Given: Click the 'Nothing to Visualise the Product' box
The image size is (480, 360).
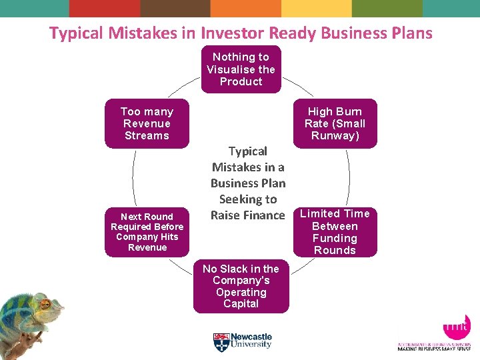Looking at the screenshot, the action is (x=241, y=69).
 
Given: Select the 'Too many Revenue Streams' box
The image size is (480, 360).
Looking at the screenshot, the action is (x=147, y=124).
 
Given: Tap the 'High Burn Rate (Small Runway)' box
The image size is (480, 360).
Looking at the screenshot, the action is (x=335, y=124).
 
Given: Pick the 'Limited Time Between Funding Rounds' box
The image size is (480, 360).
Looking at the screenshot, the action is (x=335, y=232).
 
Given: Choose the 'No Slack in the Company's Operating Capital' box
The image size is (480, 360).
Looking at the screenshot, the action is (x=241, y=286).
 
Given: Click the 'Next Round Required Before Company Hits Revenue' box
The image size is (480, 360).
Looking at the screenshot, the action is (x=147, y=232).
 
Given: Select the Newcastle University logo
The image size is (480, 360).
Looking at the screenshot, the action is (x=243, y=342).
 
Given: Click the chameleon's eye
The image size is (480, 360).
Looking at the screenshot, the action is (x=45, y=305).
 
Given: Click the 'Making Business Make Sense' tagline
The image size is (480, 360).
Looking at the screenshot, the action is (x=434, y=349).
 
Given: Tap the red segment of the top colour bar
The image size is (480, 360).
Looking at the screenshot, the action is (x=105, y=8).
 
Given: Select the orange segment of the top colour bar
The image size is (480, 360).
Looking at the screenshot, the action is (x=246, y=8).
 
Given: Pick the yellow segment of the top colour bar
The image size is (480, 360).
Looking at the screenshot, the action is (x=316, y=8).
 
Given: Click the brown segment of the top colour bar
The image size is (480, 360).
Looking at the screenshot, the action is (x=175, y=8).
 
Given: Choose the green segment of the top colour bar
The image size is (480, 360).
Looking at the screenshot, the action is (x=387, y=8).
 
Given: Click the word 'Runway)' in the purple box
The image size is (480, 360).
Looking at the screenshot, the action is (x=335, y=136).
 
